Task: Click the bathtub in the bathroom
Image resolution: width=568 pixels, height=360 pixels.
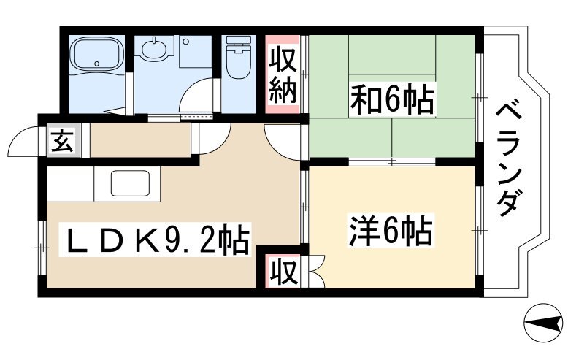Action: pos(96,53)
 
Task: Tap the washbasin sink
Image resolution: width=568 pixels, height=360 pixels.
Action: pos(154,48)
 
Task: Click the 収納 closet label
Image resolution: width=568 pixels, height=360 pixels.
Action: pos(283,79)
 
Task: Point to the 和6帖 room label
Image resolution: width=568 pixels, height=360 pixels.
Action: pos(391,99)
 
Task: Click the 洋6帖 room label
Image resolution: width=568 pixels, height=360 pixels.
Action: pos(391,231)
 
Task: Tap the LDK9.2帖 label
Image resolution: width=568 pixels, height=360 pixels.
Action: pos(155,240)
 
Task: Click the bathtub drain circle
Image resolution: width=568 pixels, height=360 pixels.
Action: pos(96,64)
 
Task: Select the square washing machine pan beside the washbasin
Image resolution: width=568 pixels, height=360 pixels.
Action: pos(195,52)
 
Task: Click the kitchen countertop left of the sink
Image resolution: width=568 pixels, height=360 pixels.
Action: pos(70,183)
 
